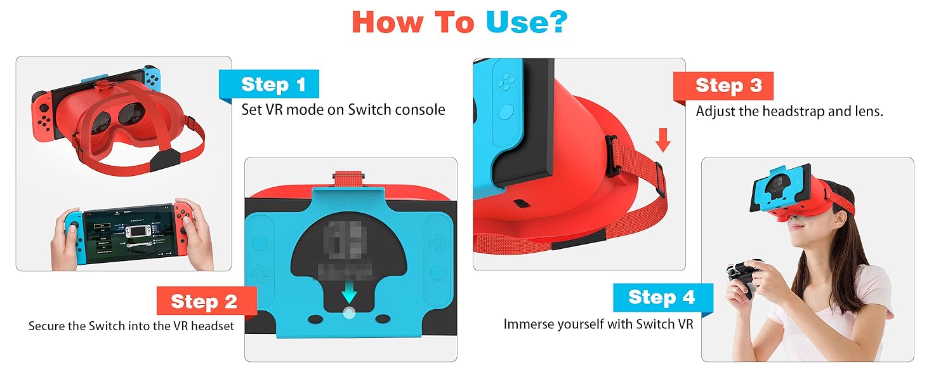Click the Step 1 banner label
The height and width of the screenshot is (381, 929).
273,84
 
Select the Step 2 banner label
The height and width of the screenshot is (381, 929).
204,302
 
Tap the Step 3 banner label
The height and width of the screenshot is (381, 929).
728,86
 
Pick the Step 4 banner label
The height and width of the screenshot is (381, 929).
661,297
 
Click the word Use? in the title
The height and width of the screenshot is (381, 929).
526,22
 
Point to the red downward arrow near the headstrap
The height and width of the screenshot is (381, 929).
663,140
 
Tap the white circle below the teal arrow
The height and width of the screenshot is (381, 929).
348,313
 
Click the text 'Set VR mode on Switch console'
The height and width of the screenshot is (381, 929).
343,110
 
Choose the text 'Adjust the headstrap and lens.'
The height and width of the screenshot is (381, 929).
789,111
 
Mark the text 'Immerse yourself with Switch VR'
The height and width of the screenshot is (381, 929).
598,324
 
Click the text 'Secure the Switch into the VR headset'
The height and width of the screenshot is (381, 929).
131,326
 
